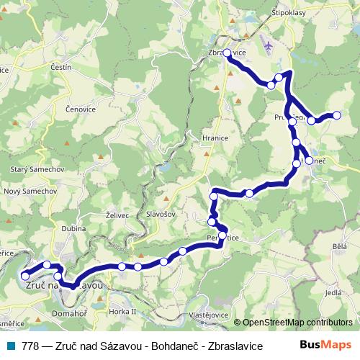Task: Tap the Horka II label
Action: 123,311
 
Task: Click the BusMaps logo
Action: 329,346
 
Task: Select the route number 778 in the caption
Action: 31,346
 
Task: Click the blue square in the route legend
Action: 11,346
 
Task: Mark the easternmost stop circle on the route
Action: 336,115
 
